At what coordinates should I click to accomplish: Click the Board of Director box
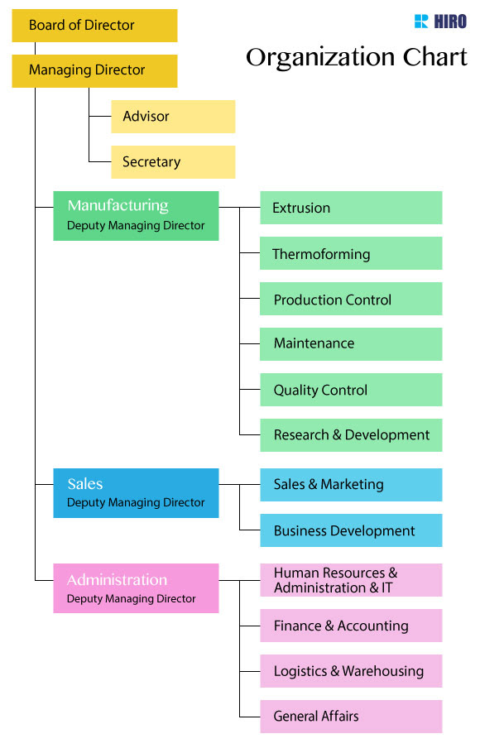(x=94, y=26)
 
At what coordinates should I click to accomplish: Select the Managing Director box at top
(x=94, y=71)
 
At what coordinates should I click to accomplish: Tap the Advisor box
(x=173, y=117)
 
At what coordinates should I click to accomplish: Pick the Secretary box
(x=173, y=162)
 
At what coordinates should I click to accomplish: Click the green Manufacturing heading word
(x=118, y=205)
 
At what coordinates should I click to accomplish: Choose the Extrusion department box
(x=351, y=208)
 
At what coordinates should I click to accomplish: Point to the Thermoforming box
(x=351, y=254)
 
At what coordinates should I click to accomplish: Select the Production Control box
(x=351, y=300)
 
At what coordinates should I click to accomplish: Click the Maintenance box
(x=351, y=343)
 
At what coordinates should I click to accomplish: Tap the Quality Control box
(x=351, y=390)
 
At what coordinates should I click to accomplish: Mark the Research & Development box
(x=351, y=435)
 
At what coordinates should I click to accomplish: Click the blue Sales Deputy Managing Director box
(x=136, y=493)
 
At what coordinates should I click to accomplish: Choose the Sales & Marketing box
(x=351, y=485)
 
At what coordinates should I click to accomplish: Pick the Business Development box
(x=351, y=530)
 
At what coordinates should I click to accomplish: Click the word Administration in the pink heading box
(x=117, y=580)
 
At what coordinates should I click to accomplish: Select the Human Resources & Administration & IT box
(x=351, y=580)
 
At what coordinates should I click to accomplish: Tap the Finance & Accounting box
(x=351, y=626)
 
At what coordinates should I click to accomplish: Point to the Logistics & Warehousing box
(x=351, y=671)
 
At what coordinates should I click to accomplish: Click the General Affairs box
(x=351, y=717)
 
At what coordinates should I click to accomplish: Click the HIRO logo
(x=440, y=22)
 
